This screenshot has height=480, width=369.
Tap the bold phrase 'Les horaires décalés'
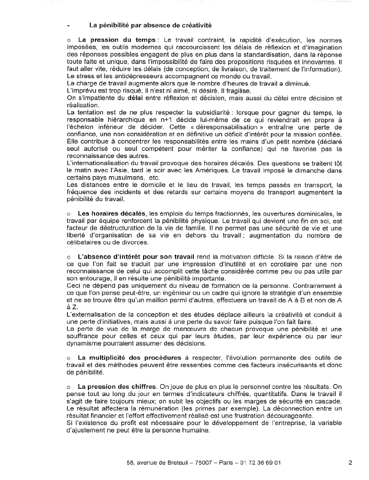coord(112,213)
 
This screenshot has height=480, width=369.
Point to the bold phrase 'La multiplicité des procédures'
coord(130,358)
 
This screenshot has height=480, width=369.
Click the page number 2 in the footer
coord(350,462)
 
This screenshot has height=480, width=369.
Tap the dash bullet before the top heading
coord(69,24)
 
